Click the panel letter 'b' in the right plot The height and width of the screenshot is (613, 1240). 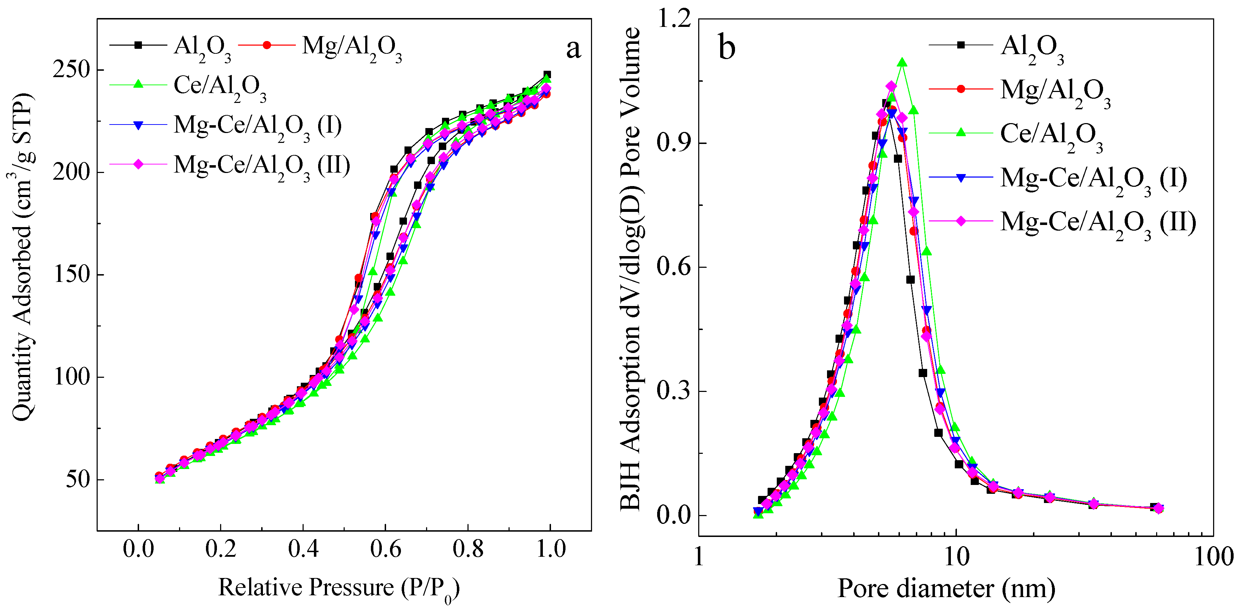tap(727, 48)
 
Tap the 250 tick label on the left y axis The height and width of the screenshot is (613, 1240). tap(71, 70)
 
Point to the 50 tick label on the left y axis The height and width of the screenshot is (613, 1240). tap(78, 479)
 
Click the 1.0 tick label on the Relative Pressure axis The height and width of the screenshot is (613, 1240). tap(550, 549)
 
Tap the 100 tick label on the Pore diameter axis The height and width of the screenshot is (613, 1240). tap(1213, 557)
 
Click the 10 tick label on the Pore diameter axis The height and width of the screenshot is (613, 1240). tap(956, 557)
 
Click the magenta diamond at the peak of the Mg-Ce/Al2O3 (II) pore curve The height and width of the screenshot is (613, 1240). tap(891, 86)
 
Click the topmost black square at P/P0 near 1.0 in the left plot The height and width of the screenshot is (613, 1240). tap(547, 75)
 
